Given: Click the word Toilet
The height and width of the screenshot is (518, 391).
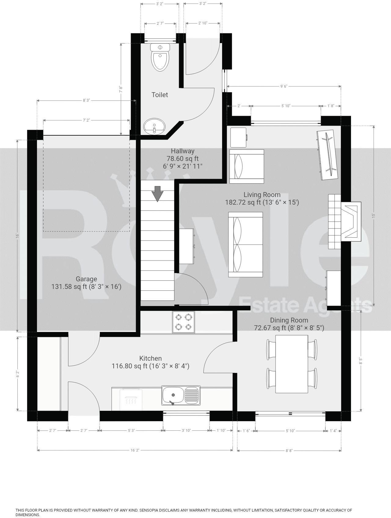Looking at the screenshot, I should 160,95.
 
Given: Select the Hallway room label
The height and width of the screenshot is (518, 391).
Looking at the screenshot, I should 182,151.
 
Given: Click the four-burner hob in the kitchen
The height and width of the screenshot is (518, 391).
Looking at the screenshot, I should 183,322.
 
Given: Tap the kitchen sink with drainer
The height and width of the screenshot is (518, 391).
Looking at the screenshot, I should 181,395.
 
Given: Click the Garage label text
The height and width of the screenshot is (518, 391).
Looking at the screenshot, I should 86,279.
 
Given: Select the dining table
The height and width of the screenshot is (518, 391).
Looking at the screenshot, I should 292,364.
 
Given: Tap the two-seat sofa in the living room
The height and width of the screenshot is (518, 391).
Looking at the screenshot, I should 245,244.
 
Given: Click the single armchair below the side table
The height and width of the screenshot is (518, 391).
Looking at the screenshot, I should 247,166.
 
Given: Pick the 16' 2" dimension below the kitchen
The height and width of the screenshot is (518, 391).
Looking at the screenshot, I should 135,450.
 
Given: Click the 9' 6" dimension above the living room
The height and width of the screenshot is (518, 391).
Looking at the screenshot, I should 283,86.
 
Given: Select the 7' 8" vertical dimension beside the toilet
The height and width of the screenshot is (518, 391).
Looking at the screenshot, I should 121,89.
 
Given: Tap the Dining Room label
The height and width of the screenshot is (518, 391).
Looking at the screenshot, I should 289,320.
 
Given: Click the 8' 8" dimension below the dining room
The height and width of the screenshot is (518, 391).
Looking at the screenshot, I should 289,450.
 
